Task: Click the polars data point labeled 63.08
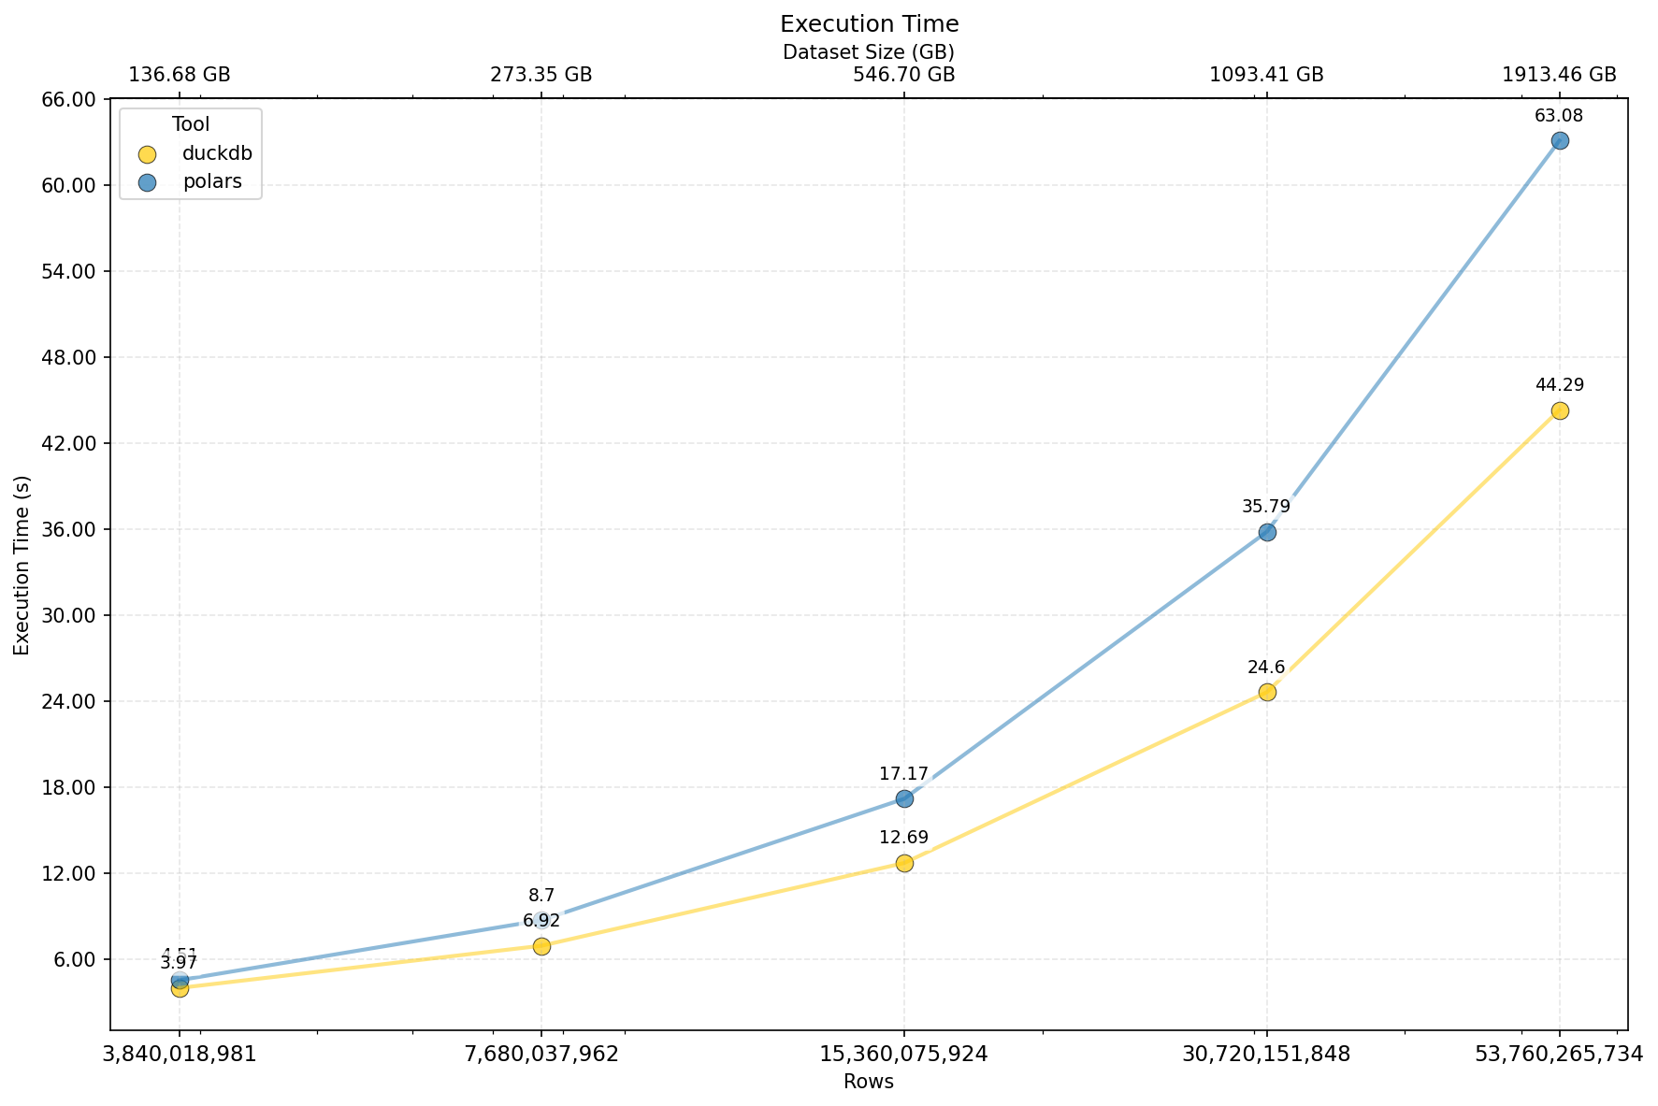1559,140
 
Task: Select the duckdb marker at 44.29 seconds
1559,410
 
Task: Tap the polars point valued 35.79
1267,532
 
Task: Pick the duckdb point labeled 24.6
1267,692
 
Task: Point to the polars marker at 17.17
904,798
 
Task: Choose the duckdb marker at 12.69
904,863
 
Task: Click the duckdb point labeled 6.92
541,946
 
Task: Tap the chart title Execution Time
869,23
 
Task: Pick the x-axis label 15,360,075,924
904,1055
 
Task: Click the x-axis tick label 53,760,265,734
1559,1055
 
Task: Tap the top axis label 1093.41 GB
1267,75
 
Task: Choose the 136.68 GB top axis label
180,75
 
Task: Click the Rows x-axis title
869,1083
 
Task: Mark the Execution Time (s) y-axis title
22,565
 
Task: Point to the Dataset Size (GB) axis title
869,52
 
